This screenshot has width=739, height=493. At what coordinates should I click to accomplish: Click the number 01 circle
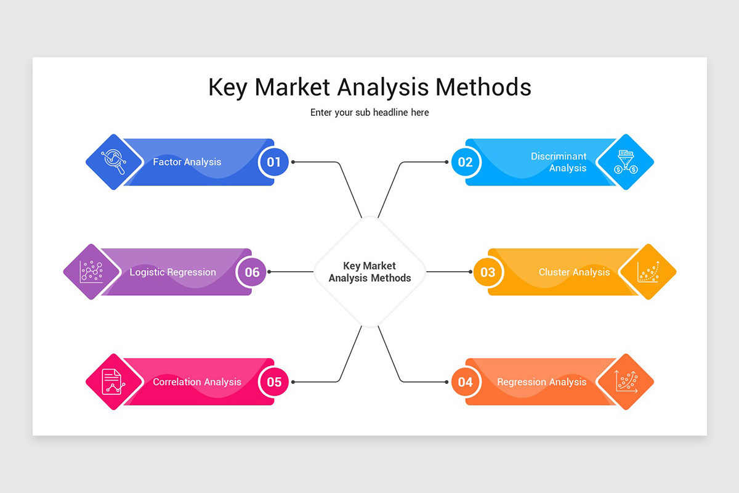(273, 162)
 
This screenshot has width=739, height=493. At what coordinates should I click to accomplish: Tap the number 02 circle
(465, 162)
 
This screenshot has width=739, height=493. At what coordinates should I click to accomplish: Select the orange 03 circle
(488, 272)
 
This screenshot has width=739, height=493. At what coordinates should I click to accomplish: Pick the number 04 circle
(465, 381)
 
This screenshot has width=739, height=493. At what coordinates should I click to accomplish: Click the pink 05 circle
(274, 381)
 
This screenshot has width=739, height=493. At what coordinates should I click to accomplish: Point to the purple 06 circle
(251, 272)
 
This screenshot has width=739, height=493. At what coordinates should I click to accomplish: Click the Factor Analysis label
(187, 162)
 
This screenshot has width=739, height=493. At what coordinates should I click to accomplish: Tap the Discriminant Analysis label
(559, 162)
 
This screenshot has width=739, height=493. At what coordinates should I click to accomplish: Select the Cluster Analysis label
(574, 272)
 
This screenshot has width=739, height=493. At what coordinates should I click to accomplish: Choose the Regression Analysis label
(542, 381)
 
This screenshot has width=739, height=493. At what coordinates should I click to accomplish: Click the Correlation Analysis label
(197, 381)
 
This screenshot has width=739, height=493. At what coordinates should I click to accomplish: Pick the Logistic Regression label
(172, 272)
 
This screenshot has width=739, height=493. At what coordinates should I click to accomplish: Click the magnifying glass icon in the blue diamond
(114, 161)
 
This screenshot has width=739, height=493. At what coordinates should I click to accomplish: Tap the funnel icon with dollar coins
(626, 162)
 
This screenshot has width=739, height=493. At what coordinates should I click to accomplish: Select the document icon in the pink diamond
(113, 381)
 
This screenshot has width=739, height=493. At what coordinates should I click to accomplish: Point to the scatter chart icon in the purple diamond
(91, 272)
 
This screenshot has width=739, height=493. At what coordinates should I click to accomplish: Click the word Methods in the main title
(483, 87)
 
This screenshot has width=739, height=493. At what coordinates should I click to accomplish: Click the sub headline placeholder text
(369, 113)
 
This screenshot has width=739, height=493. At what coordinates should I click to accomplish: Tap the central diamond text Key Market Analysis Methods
(369, 272)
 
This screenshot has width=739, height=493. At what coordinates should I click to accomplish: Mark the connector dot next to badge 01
(293, 162)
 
